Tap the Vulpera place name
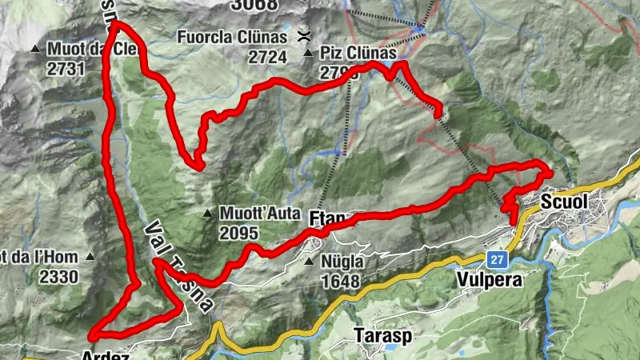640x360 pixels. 489,280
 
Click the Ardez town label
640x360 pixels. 106,355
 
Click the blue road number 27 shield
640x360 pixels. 498,259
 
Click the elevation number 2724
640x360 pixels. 266,57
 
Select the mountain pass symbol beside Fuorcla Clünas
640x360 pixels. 304,35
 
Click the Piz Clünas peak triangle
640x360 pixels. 308,54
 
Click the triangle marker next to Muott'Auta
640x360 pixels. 207,214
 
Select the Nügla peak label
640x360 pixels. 342,262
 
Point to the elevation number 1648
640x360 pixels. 341,281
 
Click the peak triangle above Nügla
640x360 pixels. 310,261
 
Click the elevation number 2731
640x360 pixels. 66,68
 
